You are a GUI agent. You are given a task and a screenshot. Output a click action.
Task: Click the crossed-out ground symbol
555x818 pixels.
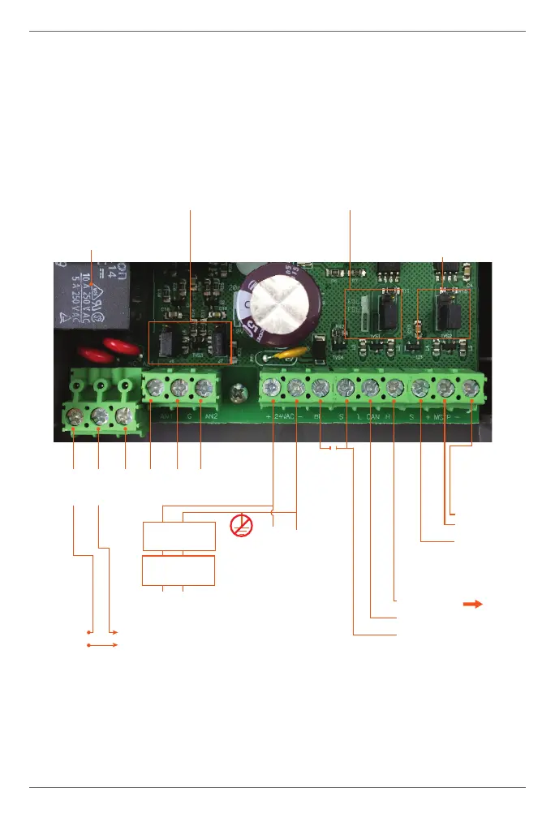241,525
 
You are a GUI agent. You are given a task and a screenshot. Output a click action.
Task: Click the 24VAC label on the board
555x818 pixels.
282,418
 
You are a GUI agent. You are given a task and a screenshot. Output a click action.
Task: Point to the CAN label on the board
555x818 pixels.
372,418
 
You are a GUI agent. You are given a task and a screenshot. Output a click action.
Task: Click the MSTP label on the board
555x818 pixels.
445,418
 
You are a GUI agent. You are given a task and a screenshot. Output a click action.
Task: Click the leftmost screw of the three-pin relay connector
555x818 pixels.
74,417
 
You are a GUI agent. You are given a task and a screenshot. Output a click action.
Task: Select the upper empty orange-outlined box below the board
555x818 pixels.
179,537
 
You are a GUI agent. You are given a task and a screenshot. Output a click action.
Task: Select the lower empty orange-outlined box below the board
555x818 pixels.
179,570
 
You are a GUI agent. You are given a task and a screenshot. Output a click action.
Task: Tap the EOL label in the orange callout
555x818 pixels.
354,299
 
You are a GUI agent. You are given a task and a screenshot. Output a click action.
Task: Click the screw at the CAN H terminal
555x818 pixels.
395,388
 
